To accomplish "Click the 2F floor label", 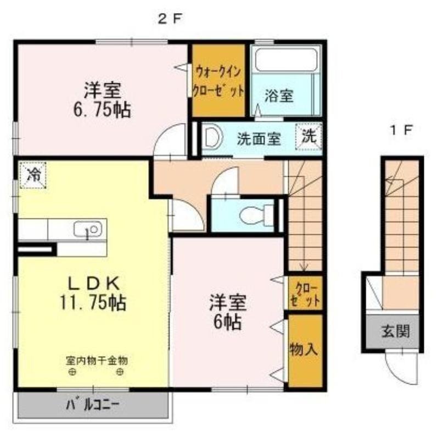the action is point(170,19).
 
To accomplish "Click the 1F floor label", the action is point(402,130).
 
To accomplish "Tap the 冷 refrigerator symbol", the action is point(33,176).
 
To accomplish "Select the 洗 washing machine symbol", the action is point(309,136).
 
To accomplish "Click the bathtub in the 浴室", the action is point(286,59).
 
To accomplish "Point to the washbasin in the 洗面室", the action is point(212,138).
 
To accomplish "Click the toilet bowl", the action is point(256,215).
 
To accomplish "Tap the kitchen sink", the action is point(88,229).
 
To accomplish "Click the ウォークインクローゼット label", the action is point(218,81).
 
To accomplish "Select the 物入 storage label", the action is point(304,349).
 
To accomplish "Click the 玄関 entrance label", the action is point(395,331).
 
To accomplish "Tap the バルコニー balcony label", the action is point(93,404).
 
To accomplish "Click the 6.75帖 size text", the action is point(102,110).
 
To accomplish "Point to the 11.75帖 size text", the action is point(93,303).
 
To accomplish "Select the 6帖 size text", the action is point(227,322).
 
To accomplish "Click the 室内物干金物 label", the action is point(97,361).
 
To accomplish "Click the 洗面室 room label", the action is point(259,139).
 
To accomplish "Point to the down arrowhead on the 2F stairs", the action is point(304,267).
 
